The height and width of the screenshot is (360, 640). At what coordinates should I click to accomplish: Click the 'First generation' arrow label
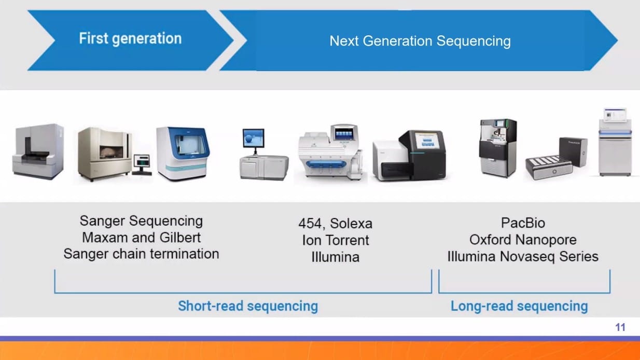(x=130, y=38)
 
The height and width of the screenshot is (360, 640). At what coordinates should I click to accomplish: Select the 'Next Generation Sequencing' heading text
(x=420, y=41)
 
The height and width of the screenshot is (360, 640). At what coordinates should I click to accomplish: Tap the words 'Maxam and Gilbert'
(x=141, y=238)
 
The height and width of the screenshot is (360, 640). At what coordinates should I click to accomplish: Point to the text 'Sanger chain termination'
(x=141, y=254)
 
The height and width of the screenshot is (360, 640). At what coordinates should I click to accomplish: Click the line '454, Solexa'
(x=335, y=224)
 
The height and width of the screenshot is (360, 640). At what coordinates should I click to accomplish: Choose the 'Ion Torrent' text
(x=335, y=240)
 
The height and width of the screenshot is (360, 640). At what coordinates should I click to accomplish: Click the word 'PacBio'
(x=523, y=223)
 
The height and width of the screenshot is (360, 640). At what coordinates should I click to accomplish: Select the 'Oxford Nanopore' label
(x=523, y=240)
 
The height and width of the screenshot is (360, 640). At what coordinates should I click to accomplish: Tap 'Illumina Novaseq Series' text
(x=523, y=256)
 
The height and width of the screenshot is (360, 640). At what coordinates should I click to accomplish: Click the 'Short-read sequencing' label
(x=248, y=306)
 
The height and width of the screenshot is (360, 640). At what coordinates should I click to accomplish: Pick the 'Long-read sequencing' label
(x=519, y=306)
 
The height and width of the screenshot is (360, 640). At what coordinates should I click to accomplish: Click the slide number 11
(x=620, y=327)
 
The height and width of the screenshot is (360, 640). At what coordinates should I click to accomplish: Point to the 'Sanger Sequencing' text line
(x=141, y=221)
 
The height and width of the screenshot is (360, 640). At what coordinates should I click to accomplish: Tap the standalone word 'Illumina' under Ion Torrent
(x=335, y=257)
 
